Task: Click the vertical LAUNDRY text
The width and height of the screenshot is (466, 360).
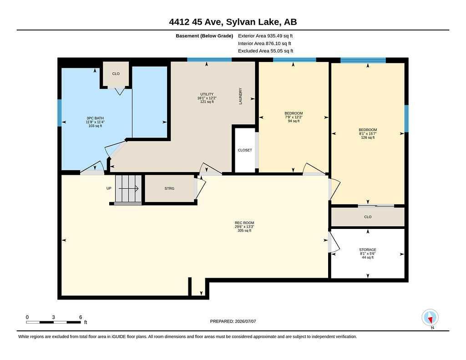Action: pos(240,96)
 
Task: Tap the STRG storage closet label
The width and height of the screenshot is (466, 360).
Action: pos(169,188)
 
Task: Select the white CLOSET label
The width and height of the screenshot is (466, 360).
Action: pos(245,150)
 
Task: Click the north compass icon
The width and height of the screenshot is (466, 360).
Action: pos(430,318)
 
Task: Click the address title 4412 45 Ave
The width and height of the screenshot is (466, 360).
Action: pos(197,22)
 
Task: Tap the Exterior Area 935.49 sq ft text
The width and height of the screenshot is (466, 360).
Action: pos(265,35)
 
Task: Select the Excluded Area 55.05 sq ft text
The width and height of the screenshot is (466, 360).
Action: pos(266,51)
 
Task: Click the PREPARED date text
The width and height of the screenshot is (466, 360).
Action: pos(233,321)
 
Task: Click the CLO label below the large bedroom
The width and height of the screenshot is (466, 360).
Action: pos(368,217)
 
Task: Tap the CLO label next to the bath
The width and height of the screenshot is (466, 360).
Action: pos(116,74)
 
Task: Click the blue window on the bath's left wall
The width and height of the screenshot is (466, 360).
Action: pos(60,113)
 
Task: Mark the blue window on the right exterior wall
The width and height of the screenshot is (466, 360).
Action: pos(406,118)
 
